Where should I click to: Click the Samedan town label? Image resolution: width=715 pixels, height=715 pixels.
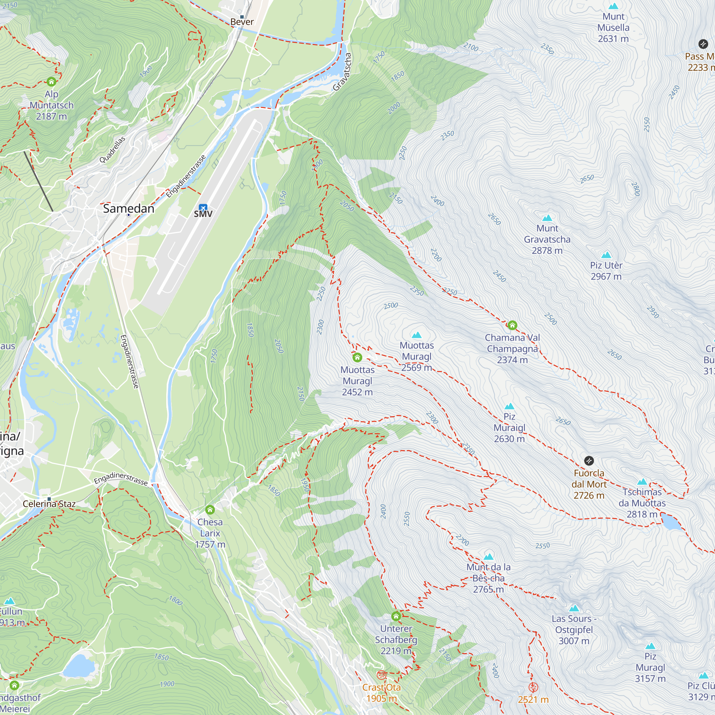128,209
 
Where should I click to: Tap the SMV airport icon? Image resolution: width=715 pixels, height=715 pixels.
203,208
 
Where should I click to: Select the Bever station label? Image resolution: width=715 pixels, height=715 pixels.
242,22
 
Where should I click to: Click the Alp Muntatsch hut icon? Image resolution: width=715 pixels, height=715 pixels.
51,82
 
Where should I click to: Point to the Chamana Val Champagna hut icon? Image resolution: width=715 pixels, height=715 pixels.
512,325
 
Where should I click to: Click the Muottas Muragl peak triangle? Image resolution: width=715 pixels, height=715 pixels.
417,335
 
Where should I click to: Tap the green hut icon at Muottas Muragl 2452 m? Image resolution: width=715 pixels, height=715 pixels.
357,357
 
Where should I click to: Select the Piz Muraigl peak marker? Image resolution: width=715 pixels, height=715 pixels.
509,406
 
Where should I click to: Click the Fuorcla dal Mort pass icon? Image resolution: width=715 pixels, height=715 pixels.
589,461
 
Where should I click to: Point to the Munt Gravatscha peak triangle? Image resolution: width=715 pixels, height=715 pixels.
547,218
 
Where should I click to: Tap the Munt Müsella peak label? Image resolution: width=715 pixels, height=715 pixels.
613,28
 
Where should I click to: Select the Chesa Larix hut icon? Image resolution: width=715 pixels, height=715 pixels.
210,509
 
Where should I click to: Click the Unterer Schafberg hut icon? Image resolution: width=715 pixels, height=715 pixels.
396,616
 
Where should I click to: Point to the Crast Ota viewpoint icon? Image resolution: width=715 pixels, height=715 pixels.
381,675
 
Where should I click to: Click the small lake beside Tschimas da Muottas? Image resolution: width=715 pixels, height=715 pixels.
671,522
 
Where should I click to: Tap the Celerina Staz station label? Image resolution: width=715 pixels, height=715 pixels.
49,504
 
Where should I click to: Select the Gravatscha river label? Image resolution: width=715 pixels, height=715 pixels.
342,71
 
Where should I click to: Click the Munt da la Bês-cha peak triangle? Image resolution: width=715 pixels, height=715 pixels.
488,557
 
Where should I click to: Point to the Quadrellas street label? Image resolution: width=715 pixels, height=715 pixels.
112,149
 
